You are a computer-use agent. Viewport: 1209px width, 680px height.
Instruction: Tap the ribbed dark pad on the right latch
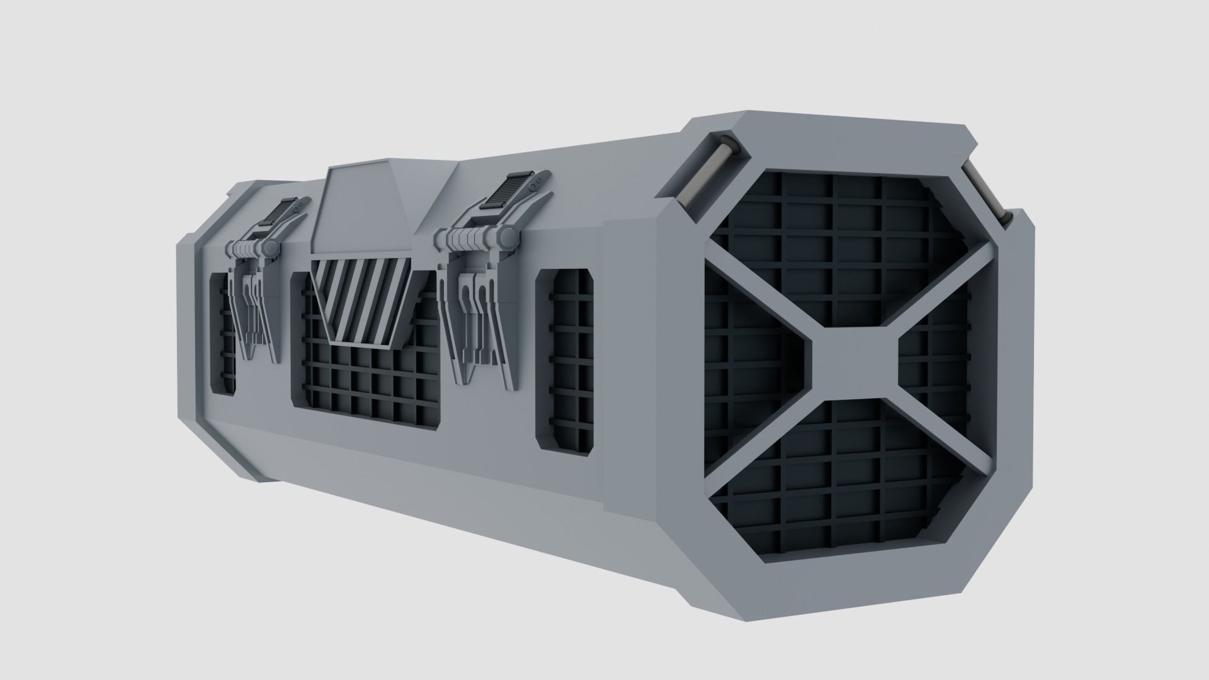tap(511, 191)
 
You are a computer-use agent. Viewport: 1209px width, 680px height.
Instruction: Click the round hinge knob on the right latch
tap(505, 237)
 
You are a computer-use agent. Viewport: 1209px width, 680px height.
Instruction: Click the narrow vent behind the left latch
tap(222, 334)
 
